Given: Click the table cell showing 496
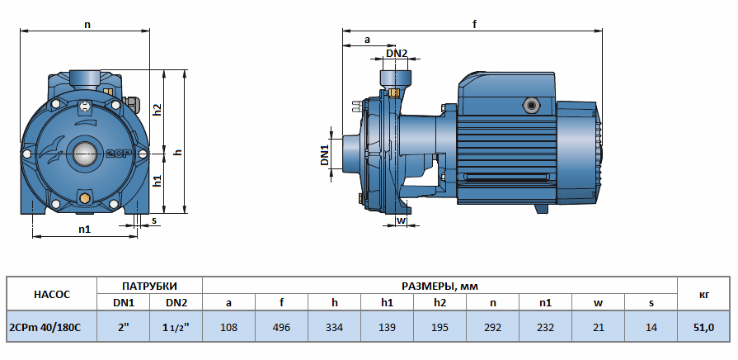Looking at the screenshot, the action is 281,326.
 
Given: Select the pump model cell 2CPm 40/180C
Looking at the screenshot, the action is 45,326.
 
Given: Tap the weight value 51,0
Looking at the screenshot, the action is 704,326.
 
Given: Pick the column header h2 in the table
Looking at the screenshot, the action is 440,302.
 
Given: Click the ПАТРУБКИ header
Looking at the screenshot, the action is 150,286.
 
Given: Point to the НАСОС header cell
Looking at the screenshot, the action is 52,295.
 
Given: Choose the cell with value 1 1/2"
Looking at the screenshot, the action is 176,326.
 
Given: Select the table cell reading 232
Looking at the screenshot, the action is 546,326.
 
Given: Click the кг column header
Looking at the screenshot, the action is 704,295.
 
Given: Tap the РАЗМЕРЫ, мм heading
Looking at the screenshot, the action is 440,286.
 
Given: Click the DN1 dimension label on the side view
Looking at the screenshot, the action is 325,154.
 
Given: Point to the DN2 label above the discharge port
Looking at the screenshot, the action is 397,53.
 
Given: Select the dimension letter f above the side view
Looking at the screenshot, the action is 474,24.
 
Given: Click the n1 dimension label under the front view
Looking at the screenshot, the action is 84,229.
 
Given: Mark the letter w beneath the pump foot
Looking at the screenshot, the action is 401,220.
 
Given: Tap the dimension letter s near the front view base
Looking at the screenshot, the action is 153,220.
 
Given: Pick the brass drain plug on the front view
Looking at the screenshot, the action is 85,197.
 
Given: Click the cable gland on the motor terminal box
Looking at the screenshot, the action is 532,105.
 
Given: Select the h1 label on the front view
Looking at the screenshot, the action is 157,181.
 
